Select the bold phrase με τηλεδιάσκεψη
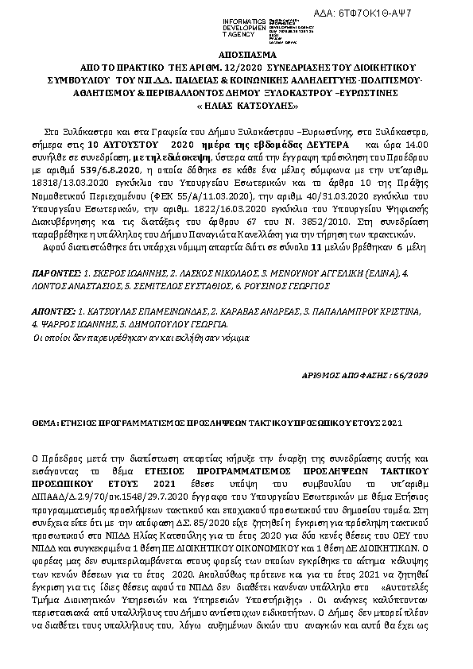pos(173,158)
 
